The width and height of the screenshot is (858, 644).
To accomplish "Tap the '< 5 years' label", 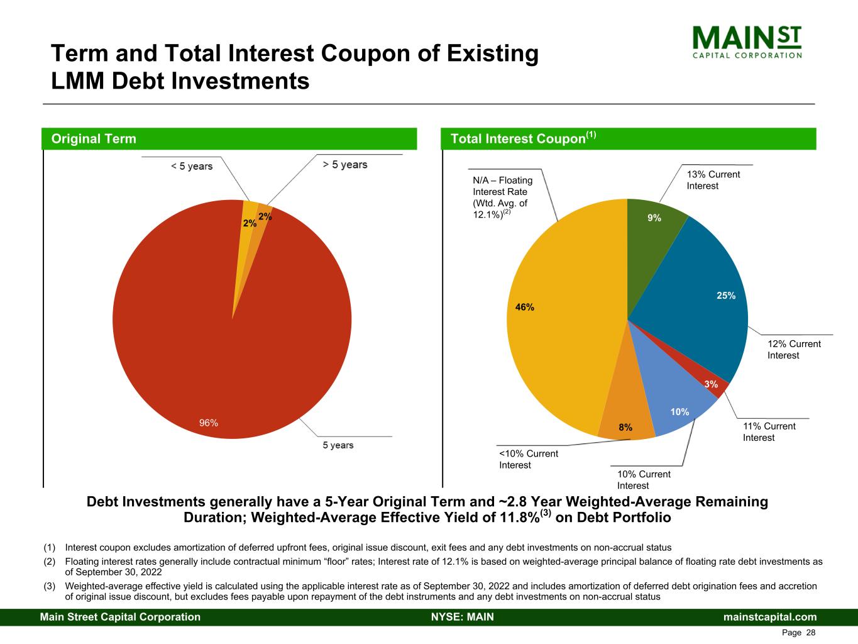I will coord(192,167).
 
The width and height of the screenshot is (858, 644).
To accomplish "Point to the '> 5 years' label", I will coord(345,165).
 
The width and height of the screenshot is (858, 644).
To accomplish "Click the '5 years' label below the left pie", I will coord(338,445).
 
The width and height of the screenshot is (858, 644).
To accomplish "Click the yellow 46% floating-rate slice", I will coord(559,314).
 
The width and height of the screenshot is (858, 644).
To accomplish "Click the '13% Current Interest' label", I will coord(713,180).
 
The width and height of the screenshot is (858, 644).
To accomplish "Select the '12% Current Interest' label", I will coord(794,350).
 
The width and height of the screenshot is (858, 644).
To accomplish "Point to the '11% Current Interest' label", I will coord(769,432).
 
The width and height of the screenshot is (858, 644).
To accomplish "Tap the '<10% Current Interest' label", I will coord(528,459).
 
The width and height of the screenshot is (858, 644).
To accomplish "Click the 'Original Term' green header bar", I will coord(229,139).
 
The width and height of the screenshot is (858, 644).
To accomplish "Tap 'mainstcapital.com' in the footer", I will coord(770,617).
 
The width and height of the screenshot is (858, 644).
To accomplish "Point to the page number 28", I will coord(810,633).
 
